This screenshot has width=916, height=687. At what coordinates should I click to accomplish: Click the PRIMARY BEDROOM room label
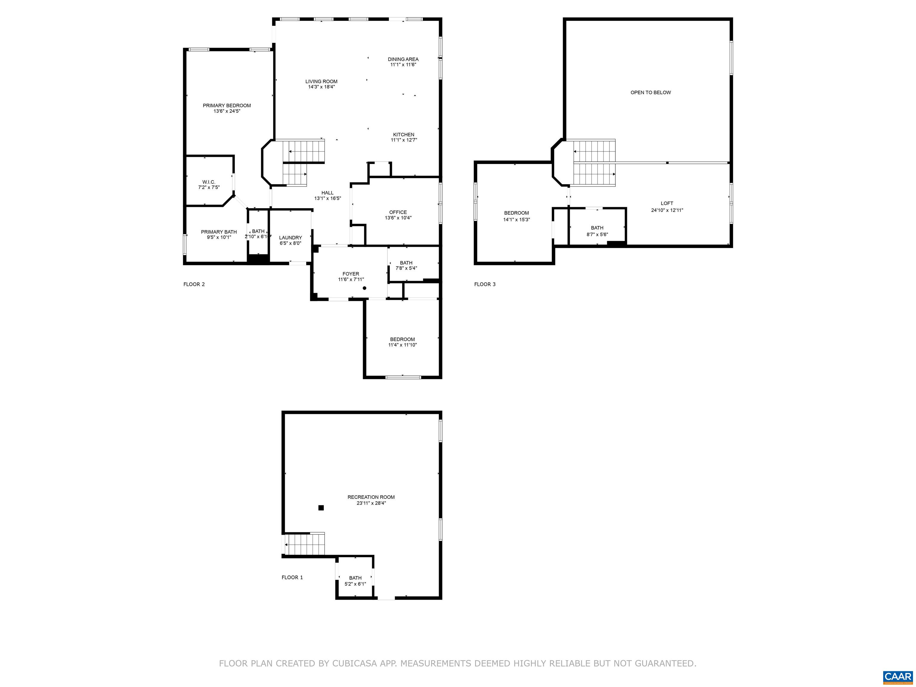(x=227, y=106)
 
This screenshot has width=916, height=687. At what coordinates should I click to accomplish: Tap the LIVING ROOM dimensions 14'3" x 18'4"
(x=321, y=87)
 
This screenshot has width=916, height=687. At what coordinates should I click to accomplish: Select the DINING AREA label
(x=403, y=59)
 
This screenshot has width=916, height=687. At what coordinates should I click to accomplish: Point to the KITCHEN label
(x=403, y=134)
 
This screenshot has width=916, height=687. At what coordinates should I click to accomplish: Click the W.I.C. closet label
(x=209, y=182)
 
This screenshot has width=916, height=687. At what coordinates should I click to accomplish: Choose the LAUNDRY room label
(x=290, y=238)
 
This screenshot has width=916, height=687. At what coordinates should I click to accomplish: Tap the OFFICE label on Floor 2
(x=398, y=212)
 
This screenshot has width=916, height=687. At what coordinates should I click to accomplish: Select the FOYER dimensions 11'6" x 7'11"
(x=351, y=279)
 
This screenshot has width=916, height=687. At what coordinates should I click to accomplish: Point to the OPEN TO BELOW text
(x=651, y=92)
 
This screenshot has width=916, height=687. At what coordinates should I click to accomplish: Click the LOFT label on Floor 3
(x=667, y=203)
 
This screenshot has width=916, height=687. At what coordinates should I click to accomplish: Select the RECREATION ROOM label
(x=371, y=497)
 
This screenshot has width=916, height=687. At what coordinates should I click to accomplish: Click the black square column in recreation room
(x=321, y=508)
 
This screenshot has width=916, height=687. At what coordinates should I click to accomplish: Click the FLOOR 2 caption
(x=194, y=284)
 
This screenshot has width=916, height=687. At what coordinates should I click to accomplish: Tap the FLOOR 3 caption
(x=485, y=284)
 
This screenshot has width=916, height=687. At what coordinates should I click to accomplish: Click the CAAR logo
(x=898, y=676)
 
